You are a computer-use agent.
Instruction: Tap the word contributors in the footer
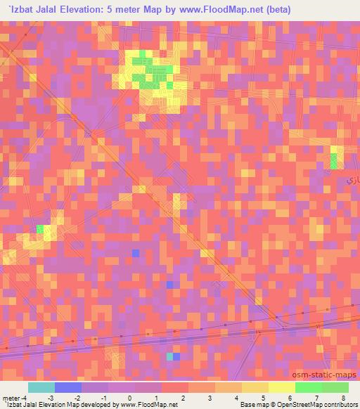point(341,405)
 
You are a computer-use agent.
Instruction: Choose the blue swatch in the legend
point(67,387)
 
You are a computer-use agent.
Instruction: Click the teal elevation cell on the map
point(169,356)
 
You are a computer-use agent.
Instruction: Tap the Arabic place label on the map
point(353,181)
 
